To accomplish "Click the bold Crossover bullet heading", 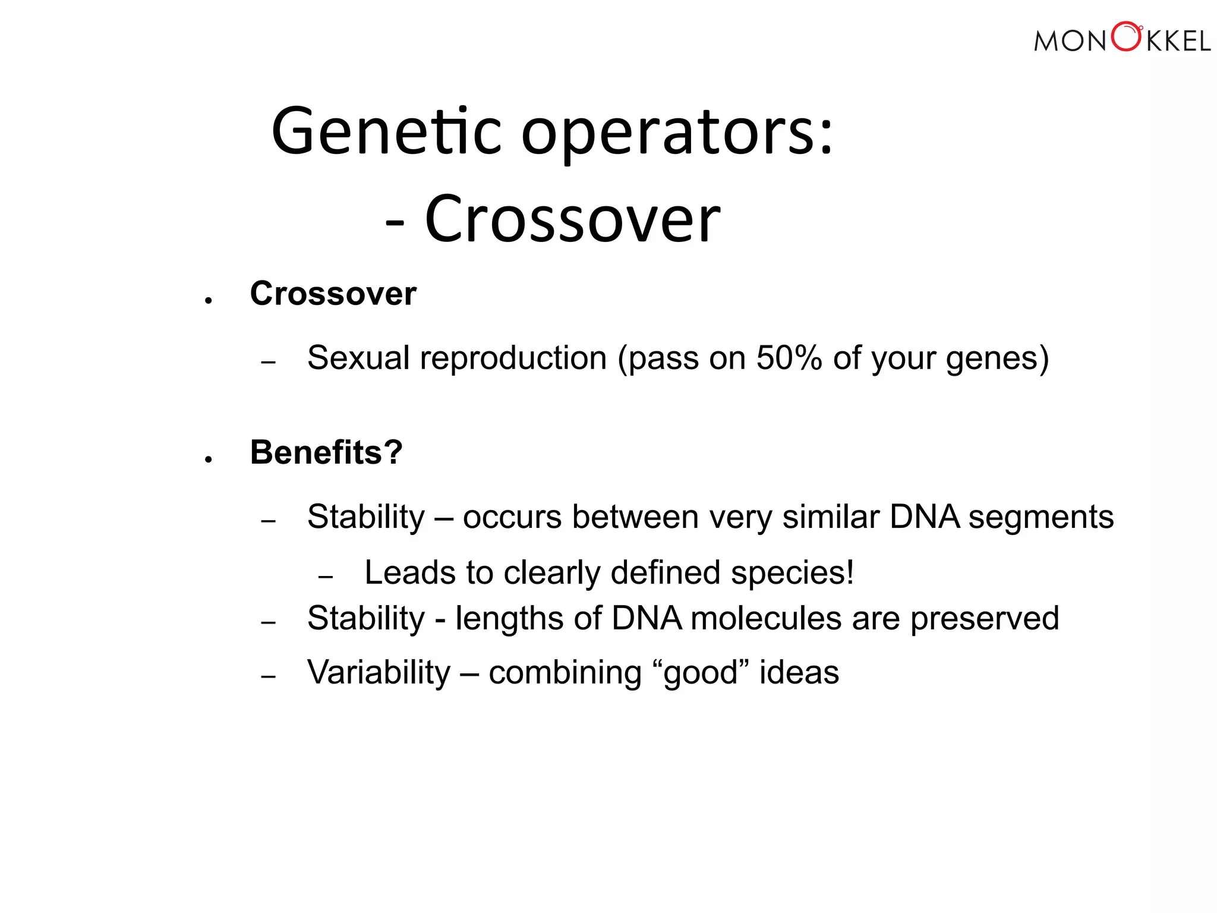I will point(333,294).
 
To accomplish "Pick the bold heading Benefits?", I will point(326,452).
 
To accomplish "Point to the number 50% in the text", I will point(789,358).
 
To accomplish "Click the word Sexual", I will point(358,358).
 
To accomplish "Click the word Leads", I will point(410,573).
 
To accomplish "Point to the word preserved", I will point(985,619).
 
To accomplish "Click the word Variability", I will point(379,673).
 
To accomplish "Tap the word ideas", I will point(799,673).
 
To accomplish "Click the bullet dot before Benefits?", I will point(208,459).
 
